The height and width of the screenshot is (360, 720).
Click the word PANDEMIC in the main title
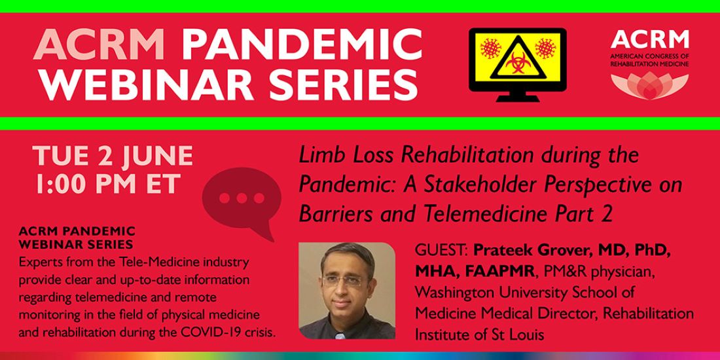[302, 46]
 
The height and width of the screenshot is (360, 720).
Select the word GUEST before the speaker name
[441, 251]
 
